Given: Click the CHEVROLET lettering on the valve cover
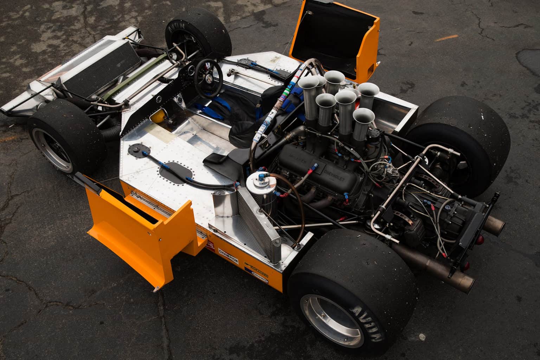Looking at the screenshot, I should point(335,174).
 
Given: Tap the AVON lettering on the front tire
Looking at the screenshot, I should point(175,27).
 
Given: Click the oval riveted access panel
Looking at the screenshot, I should point(176,173).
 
